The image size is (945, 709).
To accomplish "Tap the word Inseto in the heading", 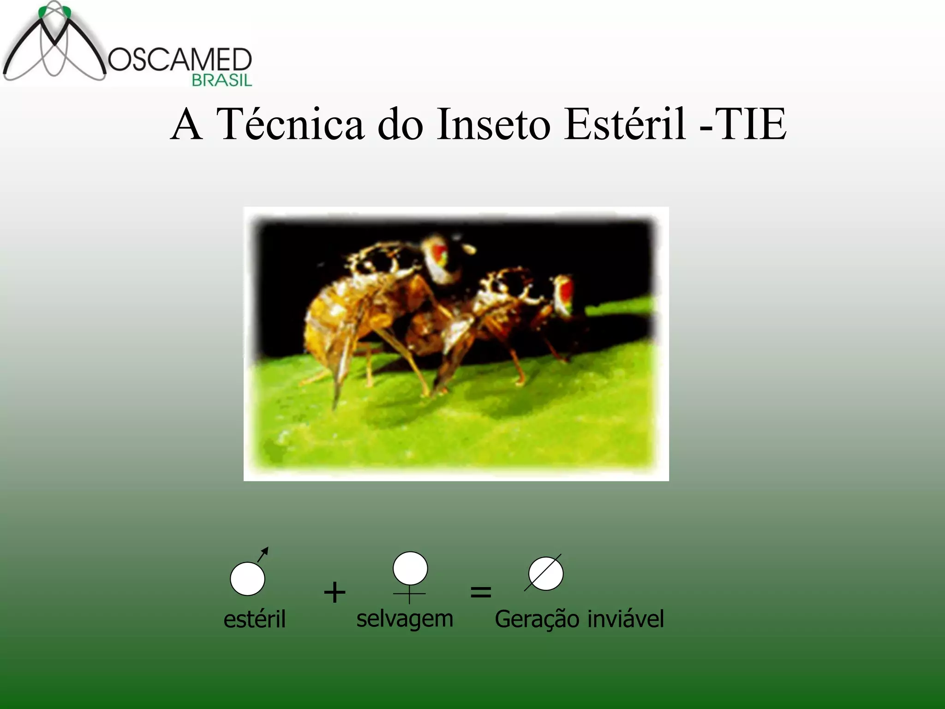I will tap(493, 124).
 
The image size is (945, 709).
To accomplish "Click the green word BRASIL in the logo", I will tap(222, 80).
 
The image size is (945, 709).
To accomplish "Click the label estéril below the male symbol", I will tap(254, 619).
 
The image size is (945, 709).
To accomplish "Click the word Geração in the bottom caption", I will tap(537, 619).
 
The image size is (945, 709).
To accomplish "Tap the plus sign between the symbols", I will tap(335, 592).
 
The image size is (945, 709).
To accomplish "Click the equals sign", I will tap(480, 592).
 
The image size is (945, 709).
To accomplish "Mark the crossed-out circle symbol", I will tap(545, 574).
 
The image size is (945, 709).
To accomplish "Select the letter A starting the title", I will tap(186, 124).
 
